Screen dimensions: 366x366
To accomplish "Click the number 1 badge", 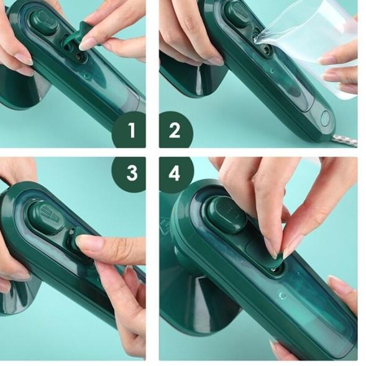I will coord(130,130).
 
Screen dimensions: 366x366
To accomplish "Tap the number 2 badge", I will coord(175,130).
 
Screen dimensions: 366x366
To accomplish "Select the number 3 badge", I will coord(130,173).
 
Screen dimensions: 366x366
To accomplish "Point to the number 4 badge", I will coord(175,173).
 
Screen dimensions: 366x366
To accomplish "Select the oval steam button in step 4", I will coord(226,214).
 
